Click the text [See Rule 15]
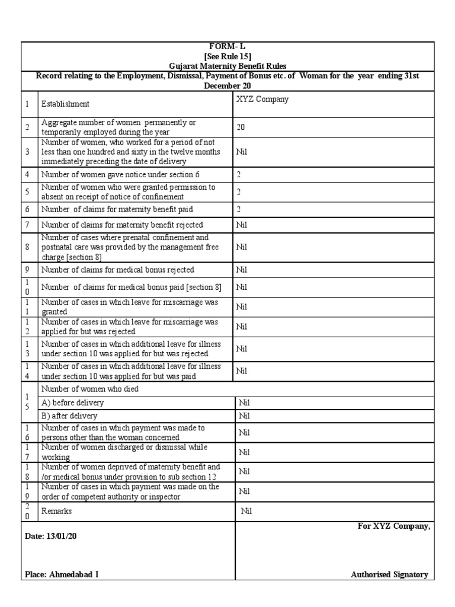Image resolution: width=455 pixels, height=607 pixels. pos(228,56)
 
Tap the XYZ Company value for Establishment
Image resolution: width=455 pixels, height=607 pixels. pos(262,99)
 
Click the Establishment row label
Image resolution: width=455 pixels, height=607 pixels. pos(65,104)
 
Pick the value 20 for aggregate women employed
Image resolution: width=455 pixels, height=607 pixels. pos(241,127)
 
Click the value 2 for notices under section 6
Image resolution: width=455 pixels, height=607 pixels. pos(239,175)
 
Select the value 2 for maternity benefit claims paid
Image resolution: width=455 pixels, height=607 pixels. pos(239,209)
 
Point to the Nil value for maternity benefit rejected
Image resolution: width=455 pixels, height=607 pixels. pos(242,225)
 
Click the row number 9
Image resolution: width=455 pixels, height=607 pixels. pos(27,270)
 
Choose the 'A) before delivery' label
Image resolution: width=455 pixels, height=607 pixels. pos(72,402)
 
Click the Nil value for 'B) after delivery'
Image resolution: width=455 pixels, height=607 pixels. pos(244,416)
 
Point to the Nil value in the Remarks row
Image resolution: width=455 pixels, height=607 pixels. pos(246,510)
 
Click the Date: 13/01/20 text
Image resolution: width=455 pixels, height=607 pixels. pos(51,536)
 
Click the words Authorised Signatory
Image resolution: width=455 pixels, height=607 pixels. pos(389,574)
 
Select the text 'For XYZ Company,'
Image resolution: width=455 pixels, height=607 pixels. pos(393,526)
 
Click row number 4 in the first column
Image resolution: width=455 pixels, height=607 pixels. pos(27,175)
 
